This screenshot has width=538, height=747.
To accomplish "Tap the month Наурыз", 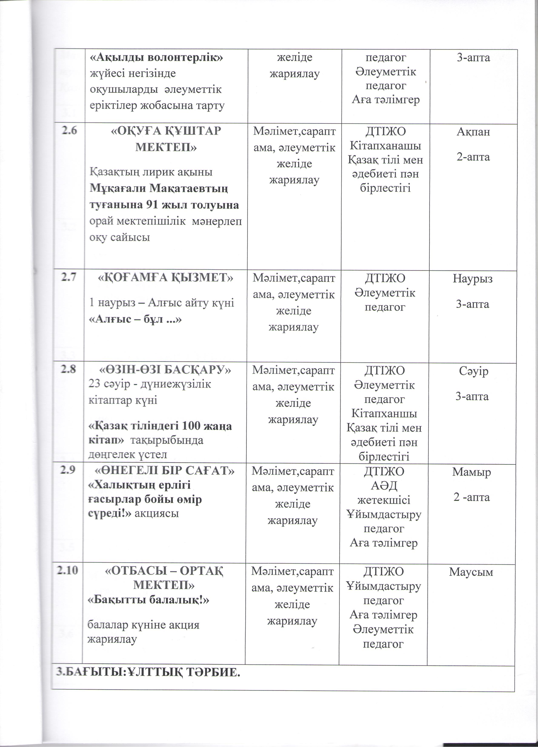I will point(472,279).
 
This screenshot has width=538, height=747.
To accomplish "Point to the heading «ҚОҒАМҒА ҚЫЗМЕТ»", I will point(166,278).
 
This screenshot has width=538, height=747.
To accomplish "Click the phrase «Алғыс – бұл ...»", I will point(135,319).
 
